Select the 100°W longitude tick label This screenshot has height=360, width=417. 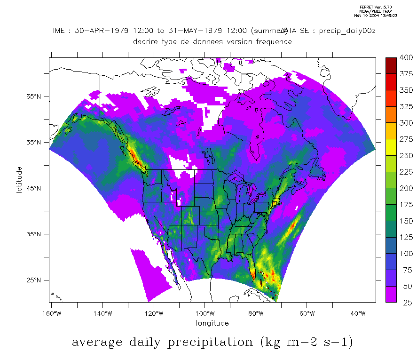coord(205,313)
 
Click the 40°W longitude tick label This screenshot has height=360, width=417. coord(358,313)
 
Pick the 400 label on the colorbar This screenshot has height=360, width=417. coord(405,58)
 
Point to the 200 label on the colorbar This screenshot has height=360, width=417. coord(405,188)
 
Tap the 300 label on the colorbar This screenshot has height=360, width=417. coord(405,123)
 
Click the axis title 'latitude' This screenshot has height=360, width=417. coord(19,180)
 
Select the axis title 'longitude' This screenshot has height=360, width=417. coord(212,323)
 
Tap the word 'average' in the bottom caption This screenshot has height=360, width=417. coord(96,342)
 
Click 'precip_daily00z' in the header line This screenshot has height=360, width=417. coord(347,31)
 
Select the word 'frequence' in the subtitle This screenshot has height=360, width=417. coord(273,41)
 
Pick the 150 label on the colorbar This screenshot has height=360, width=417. coord(405,221)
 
